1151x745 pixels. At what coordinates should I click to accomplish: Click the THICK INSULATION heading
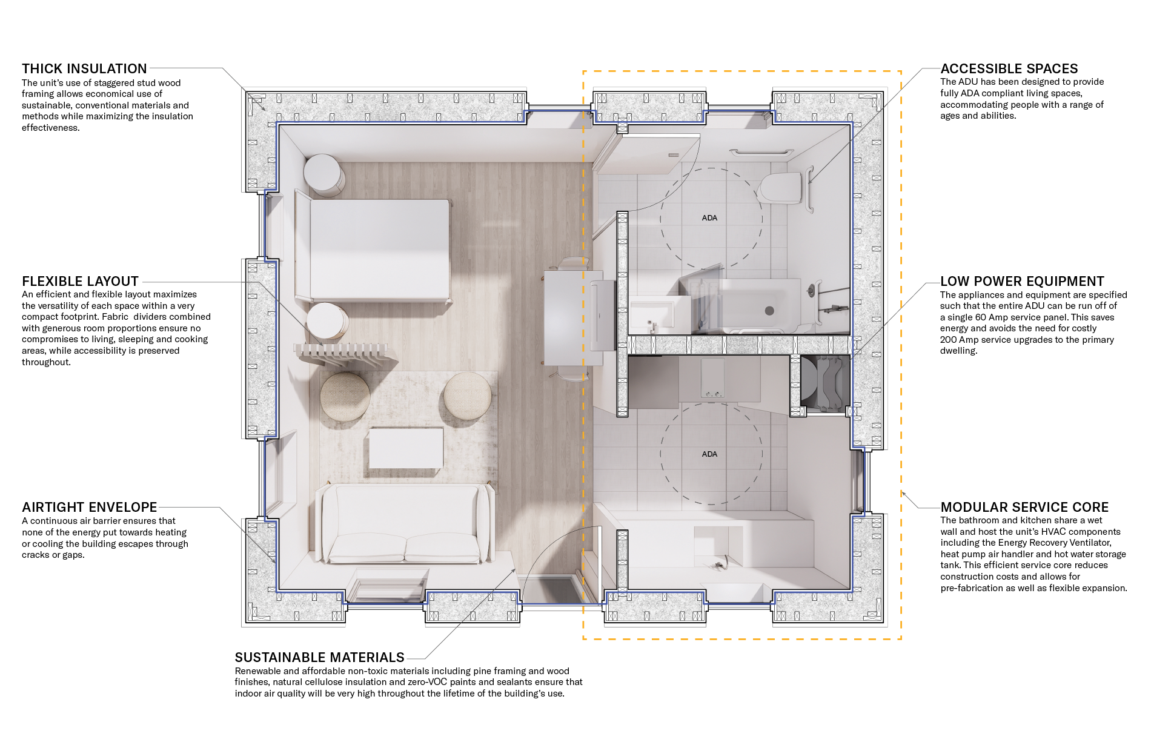pyautogui.click(x=84, y=68)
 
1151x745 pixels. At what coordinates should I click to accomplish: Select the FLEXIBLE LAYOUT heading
pyautogui.click(x=80, y=281)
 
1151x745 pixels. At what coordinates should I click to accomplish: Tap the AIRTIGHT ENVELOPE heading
pyautogui.click(x=89, y=507)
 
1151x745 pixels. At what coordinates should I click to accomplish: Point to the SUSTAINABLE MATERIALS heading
pyautogui.click(x=319, y=657)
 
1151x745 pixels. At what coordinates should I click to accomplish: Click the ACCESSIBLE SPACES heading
pyautogui.click(x=1009, y=68)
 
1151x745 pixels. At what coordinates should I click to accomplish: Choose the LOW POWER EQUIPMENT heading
pyautogui.click(x=1022, y=281)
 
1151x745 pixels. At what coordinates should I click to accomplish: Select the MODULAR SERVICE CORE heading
pyautogui.click(x=1024, y=507)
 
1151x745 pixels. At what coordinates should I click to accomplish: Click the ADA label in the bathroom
pyautogui.click(x=709, y=218)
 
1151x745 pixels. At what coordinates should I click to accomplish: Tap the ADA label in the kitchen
pyautogui.click(x=709, y=454)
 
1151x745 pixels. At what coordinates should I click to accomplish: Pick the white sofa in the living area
pyautogui.click(x=405, y=525)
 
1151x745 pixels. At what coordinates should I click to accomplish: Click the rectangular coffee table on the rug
pyautogui.click(x=405, y=448)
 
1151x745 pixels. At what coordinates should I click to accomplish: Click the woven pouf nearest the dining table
pyautogui.click(x=467, y=396)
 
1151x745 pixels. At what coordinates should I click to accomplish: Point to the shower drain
pyautogui.click(x=769, y=311)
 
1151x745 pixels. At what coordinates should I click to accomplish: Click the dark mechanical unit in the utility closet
pyautogui.click(x=823, y=383)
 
